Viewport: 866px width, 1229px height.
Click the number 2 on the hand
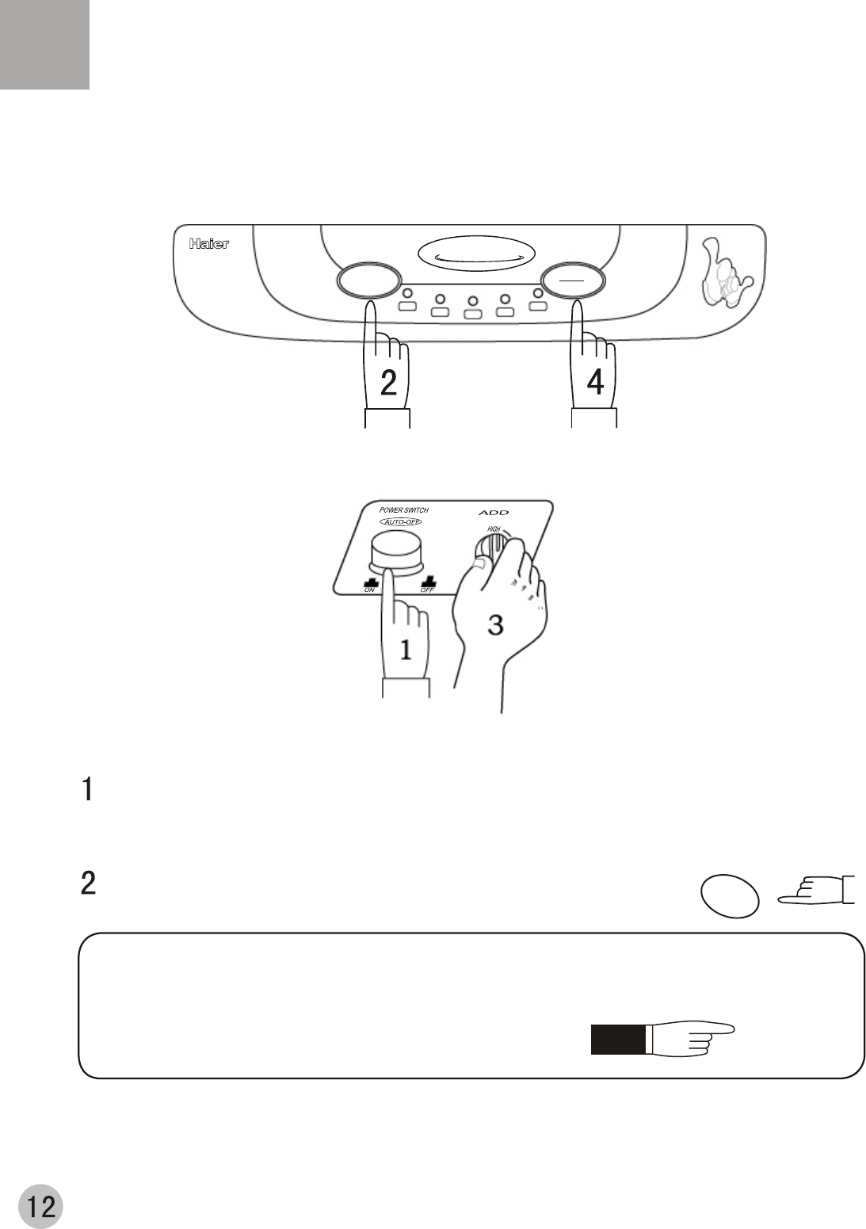[388, 383]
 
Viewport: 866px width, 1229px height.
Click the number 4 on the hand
[595, 383]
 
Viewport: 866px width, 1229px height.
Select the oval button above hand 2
[367, 281]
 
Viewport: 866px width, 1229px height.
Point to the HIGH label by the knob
[494, 529]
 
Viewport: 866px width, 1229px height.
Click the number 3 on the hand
[495, 625]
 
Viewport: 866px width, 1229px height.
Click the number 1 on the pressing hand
[406, 651]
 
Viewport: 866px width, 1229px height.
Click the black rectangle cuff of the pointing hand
[616, 1040]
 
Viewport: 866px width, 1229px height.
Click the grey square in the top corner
[44, 44]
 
